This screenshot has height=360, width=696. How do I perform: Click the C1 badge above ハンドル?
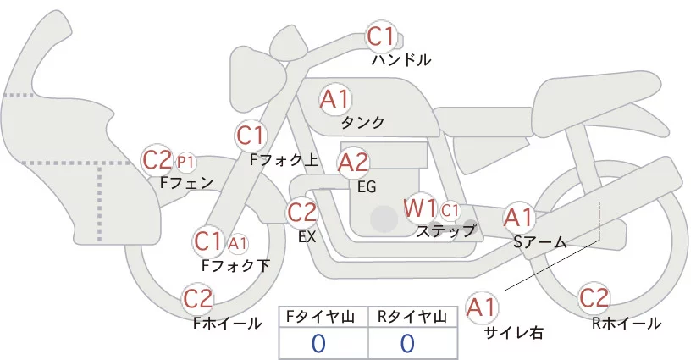click(380, 36)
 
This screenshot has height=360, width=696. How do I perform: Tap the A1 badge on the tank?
click(334, 99)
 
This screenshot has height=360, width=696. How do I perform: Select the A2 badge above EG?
click(353, 161)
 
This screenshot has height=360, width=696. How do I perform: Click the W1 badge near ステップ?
click(420, 208)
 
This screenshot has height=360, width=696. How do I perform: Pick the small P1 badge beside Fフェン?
click(185, 160)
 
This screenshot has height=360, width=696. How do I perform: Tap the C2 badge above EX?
click(301, 212)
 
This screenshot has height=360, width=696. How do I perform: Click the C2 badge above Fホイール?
click(198, 299)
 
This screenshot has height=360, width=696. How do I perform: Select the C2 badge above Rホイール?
click(594, 299)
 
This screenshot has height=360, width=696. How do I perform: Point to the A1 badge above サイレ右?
click(483, 307)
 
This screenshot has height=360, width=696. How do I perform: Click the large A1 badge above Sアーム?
click(518, 218)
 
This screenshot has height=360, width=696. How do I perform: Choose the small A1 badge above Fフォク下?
click(238, 243)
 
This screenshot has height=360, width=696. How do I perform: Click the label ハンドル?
click(401, 60)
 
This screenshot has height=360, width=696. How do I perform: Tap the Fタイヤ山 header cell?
click(323, 316)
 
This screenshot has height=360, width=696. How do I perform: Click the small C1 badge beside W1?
click(450, 209)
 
